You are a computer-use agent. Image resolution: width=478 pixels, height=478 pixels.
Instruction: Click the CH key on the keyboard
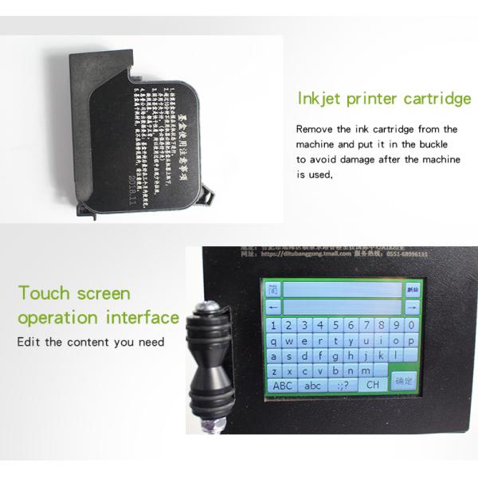372,385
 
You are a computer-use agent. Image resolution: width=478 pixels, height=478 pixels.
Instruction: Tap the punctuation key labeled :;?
343,386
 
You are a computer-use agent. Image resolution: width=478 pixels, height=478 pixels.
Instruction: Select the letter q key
275,340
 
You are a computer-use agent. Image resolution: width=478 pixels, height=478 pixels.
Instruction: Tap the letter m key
366,370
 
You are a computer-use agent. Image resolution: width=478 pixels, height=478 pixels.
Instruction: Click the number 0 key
410,324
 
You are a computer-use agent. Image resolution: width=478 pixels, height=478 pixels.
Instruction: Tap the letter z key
275,371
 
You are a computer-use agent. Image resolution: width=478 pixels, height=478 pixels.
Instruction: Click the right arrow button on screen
412,307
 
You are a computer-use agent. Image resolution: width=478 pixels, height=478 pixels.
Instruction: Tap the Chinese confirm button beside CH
405,382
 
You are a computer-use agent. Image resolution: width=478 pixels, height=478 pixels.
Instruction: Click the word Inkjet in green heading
321,99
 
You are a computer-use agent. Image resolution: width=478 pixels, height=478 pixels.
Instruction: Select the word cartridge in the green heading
436,99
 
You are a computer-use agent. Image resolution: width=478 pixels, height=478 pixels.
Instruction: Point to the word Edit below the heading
29,342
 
